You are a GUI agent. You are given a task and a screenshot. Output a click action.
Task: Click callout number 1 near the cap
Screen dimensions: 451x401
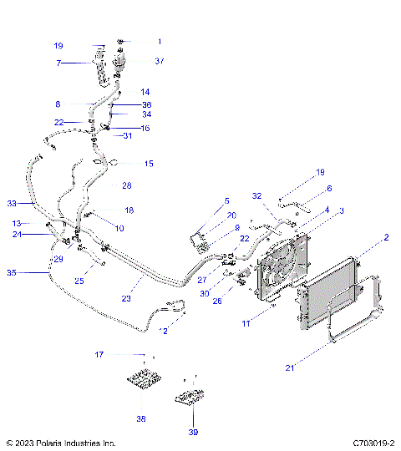coord(159,41)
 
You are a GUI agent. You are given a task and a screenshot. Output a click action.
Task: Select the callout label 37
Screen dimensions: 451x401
coord(159,61)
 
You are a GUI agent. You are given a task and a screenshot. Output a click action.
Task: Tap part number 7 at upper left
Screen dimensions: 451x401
coord(58,63)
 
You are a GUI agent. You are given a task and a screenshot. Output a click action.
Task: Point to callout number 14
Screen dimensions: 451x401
coord(145,92)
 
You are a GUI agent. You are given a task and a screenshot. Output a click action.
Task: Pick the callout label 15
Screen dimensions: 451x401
coord(149,164)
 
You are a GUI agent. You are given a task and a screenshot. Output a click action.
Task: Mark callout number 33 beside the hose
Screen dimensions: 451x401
coord(12,203)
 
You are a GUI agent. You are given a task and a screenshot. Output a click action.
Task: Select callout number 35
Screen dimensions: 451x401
coord(11,272)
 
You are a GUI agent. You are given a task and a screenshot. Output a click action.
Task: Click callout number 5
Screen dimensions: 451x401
coord(225,200)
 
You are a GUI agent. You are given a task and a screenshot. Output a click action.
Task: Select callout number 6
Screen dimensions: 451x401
coord(328,189)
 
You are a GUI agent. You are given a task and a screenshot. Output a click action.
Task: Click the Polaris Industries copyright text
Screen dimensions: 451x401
coord(60,443)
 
